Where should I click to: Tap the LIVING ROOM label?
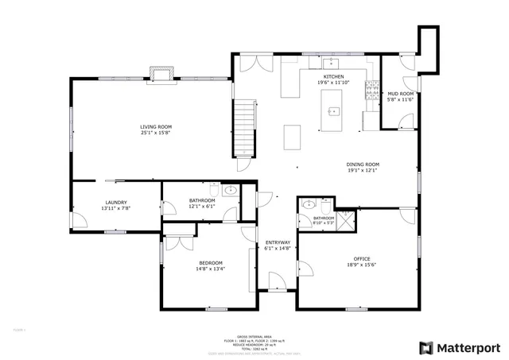(x=156, y=126)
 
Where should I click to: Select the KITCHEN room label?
(x=333, y=77)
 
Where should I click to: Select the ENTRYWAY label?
(x=278, y=242)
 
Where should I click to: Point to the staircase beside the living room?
(x=244, y=130)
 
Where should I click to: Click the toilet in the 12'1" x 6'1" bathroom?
(x=213, y=189)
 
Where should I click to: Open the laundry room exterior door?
(x=76, y=219)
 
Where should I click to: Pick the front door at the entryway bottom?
(x=276, y=281)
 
